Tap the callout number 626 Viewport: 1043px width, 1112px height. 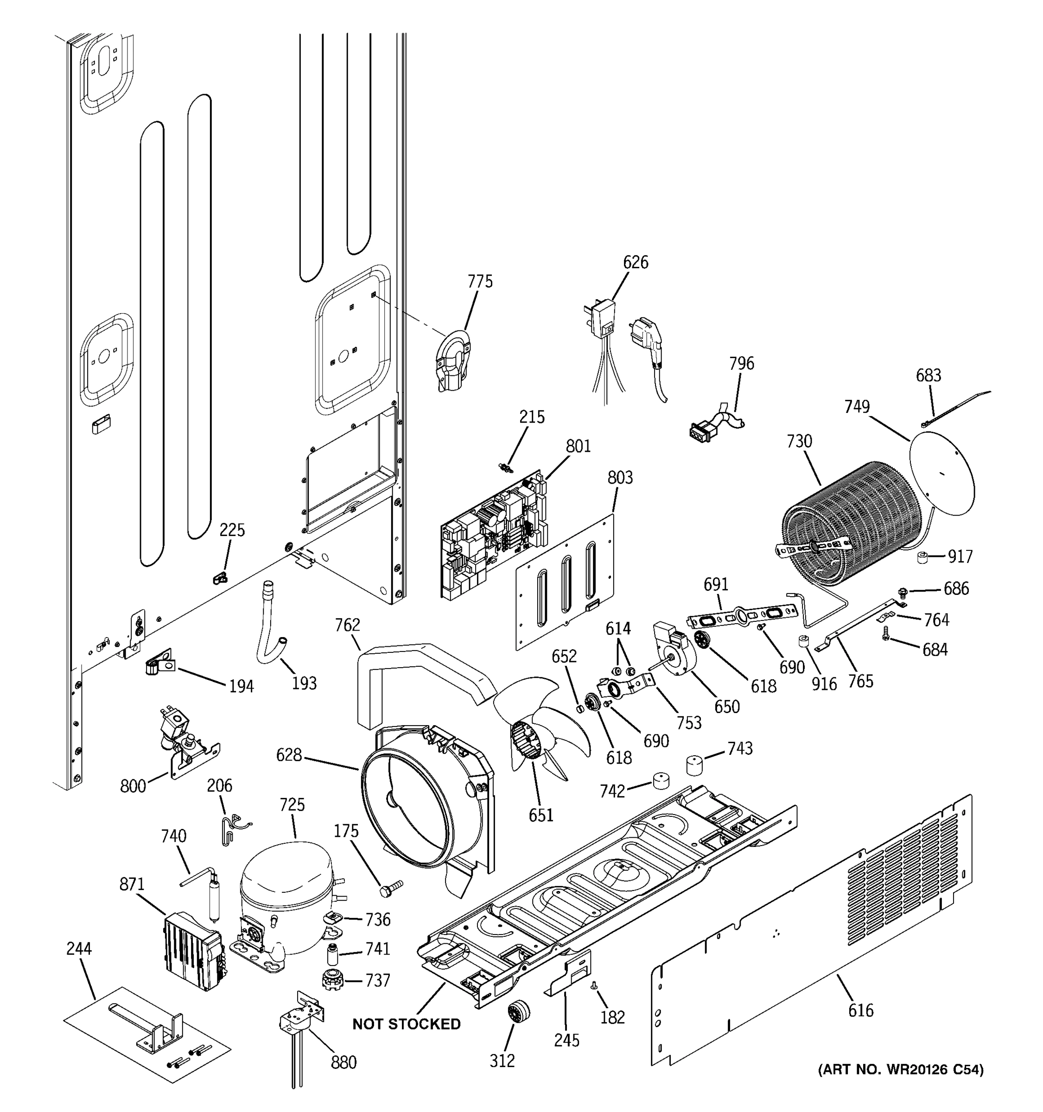[635, 262]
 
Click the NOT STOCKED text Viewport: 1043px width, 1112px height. [406, 1024]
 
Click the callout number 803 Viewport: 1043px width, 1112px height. [620, 478]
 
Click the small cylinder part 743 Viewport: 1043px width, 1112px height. [694, 764]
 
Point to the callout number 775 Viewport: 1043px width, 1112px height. [480, 281]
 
